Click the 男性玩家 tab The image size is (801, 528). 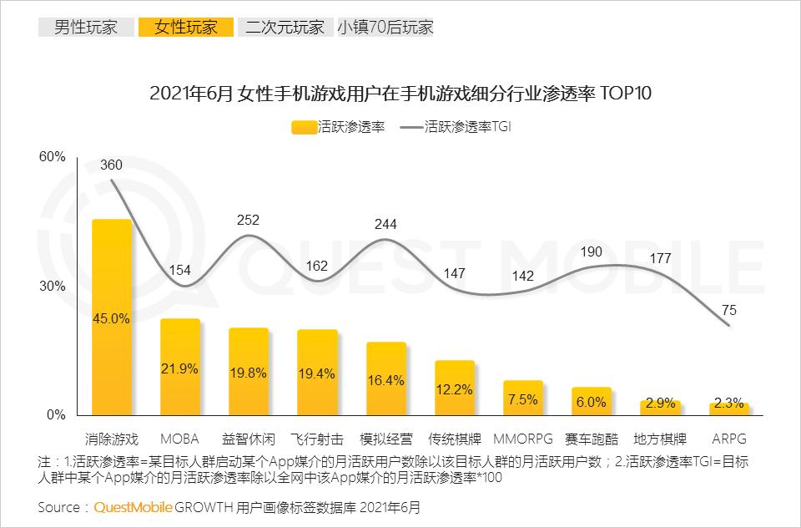click(85, 27)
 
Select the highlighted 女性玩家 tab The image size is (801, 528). click(184, 27)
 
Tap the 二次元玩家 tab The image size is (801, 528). click(285, 27)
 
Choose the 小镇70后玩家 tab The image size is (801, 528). click(385, 27)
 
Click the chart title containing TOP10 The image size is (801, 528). click(400, 92)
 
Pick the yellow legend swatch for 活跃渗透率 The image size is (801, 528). click(304, 128)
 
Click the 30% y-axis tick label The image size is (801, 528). click(53, 286)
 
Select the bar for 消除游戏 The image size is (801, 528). click(112, 317)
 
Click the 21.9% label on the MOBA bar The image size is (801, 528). click(180, 368)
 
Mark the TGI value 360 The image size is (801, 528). click(111, 165)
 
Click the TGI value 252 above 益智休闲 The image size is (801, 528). click(249, 221)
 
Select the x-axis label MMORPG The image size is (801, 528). click(523, 439)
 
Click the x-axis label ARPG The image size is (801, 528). click(729, 439)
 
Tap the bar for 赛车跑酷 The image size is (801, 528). click(592, 401)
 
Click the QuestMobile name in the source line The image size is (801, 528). click(133, 507)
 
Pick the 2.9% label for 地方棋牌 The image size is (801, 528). click(660, 404)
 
